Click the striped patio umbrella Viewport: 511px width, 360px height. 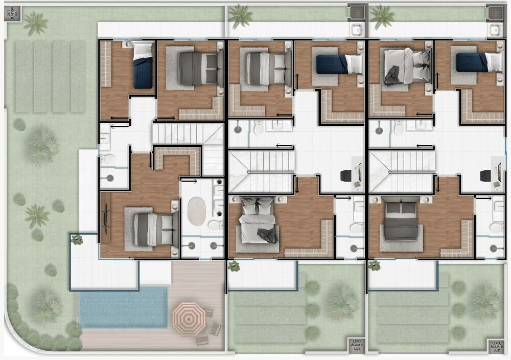click(x=189, y=318)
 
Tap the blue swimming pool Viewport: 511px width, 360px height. click(x=123, y=307)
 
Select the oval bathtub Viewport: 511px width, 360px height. click(x=196, y=211)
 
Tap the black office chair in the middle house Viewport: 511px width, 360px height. click(x=346, y=175)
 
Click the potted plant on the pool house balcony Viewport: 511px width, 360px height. click(x=77, y=239)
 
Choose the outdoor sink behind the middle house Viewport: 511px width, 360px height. click(x=356, y=30)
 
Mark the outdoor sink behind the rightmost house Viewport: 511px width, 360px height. click(x=495, y=30)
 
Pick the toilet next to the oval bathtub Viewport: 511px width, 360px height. click(x=215, y=224)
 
